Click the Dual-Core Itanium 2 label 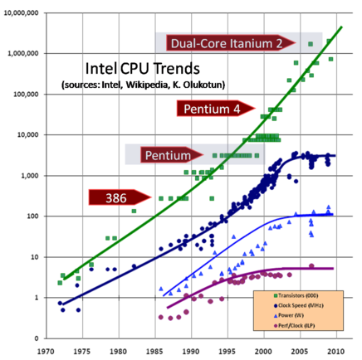click(x=225, y=43)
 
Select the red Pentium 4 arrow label click(x=213, y=108)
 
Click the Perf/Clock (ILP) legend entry click(x=296, y=325)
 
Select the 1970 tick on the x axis click(x=46, y=351)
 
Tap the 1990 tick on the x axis click(x=192, y=351)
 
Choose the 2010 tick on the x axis click(x=337, y=351)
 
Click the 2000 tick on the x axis click(x=264, y=351)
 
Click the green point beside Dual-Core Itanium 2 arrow click(x=311, y=44)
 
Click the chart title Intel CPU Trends click(x=140, y=69)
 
